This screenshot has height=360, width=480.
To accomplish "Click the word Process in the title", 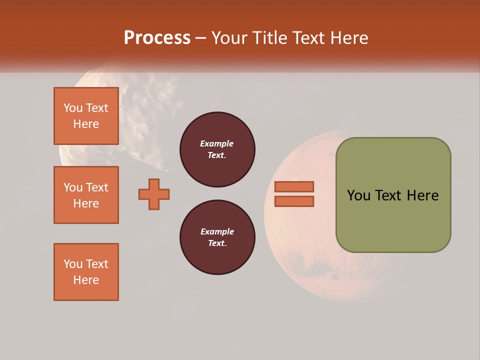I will click(157, 37).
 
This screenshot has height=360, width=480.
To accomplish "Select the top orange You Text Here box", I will click(86, 116).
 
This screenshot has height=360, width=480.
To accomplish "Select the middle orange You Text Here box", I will click(86, 195).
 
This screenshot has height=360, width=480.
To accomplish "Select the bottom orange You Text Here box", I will click(86, 272).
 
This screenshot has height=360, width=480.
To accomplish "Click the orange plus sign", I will click(154, 194).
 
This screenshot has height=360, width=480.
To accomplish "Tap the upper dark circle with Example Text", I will click(217, 149).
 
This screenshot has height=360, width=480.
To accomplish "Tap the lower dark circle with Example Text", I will click(217, 237).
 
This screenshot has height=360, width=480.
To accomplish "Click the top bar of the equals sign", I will click(294, 186).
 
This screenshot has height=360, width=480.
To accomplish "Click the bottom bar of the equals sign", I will click(294, 201).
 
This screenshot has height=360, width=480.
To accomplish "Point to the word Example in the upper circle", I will click(216, 143).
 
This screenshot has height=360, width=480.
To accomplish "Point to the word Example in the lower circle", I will click(216, 231).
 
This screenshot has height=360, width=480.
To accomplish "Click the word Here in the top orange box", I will click(86, 124).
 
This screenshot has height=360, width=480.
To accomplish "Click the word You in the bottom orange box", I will click(73, 264).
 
